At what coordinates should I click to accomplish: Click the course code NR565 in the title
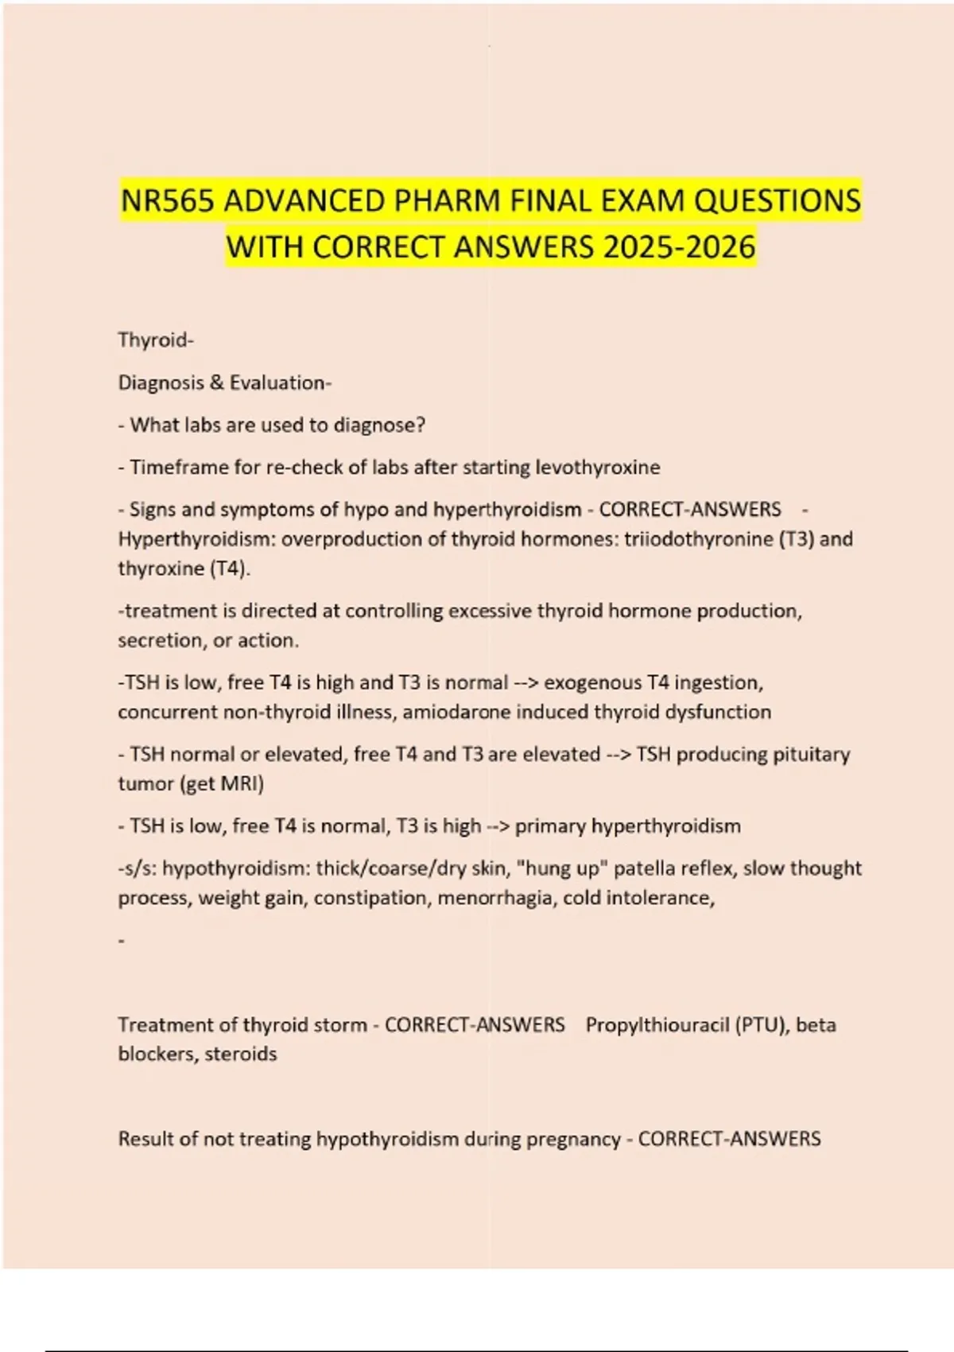(x=168, y=200)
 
